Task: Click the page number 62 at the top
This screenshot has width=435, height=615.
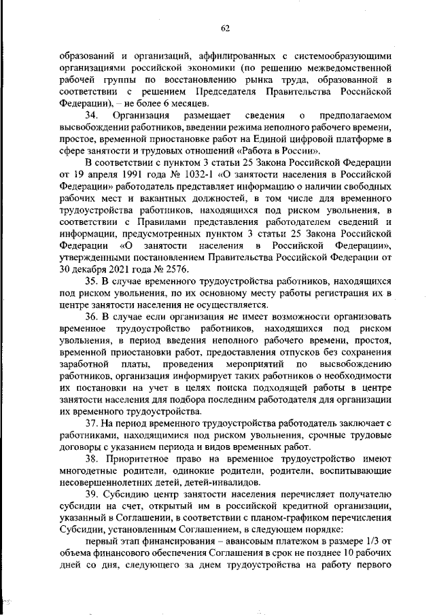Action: pyautogui.click(x=225, y=28)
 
